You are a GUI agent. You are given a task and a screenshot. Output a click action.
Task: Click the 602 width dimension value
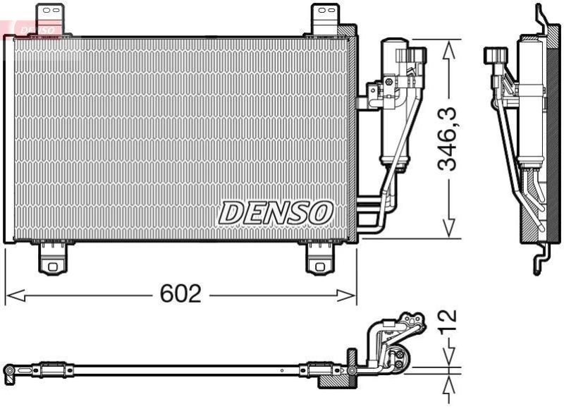pos(180,293)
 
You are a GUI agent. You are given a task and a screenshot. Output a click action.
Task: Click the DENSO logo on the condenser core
pos(275,212)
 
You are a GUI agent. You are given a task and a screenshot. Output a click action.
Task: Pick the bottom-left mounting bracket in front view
pos(52,258)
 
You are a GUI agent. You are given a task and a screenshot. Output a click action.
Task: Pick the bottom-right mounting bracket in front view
pos(321,258)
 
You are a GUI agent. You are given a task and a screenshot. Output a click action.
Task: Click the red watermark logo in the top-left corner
pos(32,28)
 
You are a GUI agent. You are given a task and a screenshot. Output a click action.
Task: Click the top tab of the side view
pos(541,18)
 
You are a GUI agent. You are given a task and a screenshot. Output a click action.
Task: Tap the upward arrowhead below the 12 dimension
pos(448,384)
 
